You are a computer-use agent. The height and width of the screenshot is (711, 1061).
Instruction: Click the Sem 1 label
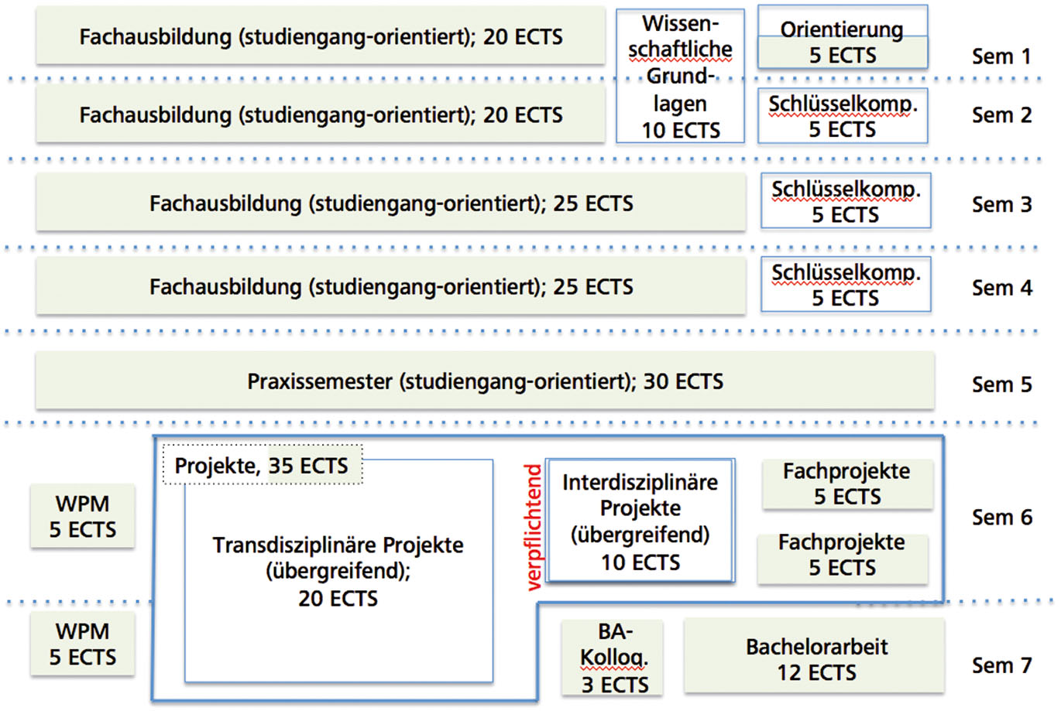[x=1001, y=56]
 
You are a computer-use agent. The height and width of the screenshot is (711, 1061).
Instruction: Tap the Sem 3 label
[x=1001, y=204]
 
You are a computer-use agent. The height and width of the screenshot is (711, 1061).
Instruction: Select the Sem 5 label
[x=1001, y=385]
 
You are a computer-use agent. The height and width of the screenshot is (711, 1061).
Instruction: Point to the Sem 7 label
[x=1001, y=665]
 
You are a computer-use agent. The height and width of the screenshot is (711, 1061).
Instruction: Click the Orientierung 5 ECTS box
[x=843, y=42]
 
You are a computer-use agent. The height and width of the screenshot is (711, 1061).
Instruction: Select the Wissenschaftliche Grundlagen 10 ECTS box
[x=680, y=77]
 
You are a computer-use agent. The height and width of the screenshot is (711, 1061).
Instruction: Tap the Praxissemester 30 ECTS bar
[x=485, y=381]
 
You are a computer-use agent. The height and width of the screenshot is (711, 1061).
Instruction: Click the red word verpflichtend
[x=534, y=527]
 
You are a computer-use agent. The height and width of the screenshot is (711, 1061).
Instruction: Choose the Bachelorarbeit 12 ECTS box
[x=815, y=658]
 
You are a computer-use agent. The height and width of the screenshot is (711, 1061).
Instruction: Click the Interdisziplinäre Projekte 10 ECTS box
[x=640, y=521]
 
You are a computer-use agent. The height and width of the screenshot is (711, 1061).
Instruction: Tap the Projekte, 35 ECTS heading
[x=262, y=466]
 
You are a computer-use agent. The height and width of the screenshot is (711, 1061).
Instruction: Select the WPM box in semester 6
[x=83, y=517]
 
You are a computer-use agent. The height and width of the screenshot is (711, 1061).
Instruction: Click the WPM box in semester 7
[x=83, y=644]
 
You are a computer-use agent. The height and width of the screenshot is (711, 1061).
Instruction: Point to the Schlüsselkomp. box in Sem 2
[x=843, y=117]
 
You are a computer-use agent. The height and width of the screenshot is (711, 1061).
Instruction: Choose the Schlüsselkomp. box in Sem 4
[x=846, y=285]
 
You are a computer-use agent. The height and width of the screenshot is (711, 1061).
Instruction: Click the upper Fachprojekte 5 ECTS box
[x=847, y=484]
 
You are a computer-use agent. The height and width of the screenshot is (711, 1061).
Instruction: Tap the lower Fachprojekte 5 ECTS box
[x=843, y=555]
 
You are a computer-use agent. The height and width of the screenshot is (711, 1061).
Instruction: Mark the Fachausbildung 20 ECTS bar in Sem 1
[x=321, y=36]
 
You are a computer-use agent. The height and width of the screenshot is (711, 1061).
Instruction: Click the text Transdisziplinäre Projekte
[x=338, y=545]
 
